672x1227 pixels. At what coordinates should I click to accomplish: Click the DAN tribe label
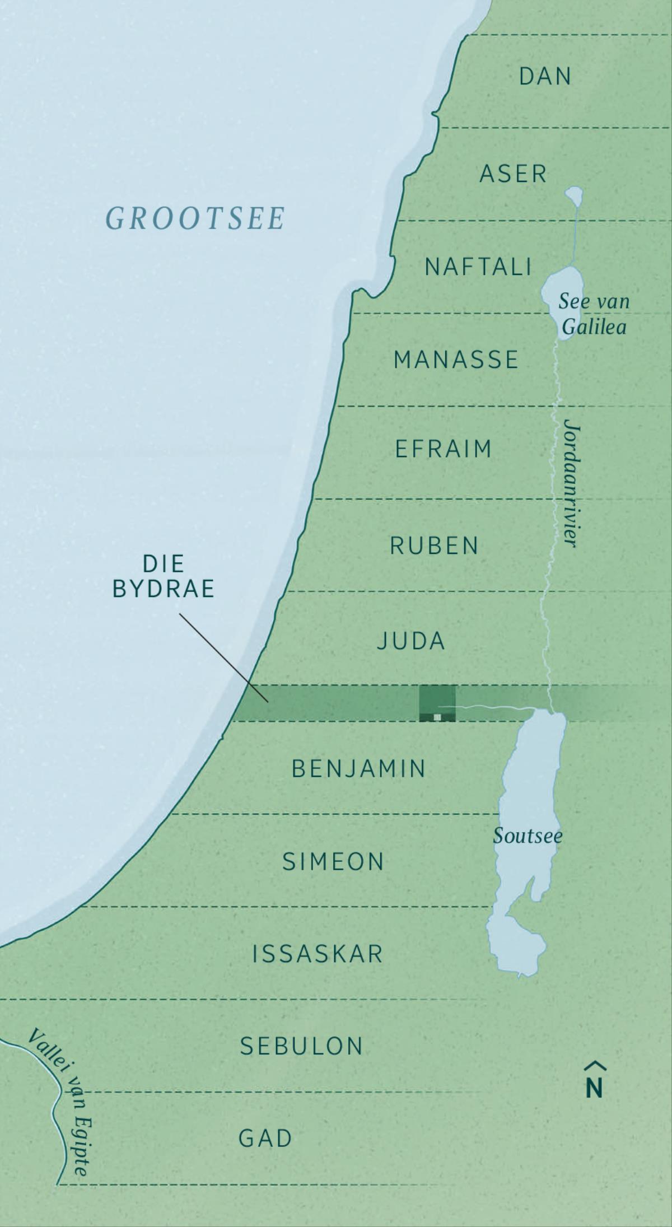(545, 77)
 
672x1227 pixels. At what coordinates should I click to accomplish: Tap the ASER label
(513, 174)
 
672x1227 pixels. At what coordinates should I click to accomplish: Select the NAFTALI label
(478, 267)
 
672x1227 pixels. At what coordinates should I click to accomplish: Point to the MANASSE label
(456, 360)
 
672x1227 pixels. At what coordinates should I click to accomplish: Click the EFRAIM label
(443, 449)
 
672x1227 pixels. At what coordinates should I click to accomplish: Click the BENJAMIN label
(359, 769)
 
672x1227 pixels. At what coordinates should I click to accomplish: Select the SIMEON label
(333, 862)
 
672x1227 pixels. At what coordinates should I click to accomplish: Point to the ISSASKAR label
(318, 954)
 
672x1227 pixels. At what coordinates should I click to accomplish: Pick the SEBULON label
(302, 1046)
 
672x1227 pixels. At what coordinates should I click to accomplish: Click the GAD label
(265, 1139)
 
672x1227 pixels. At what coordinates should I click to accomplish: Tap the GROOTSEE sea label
(195, 218)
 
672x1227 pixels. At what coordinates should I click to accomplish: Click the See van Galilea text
(594, 314)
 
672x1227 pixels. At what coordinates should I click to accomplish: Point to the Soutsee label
(528, 836)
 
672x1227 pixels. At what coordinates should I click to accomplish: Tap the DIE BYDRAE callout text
(164, 577)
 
